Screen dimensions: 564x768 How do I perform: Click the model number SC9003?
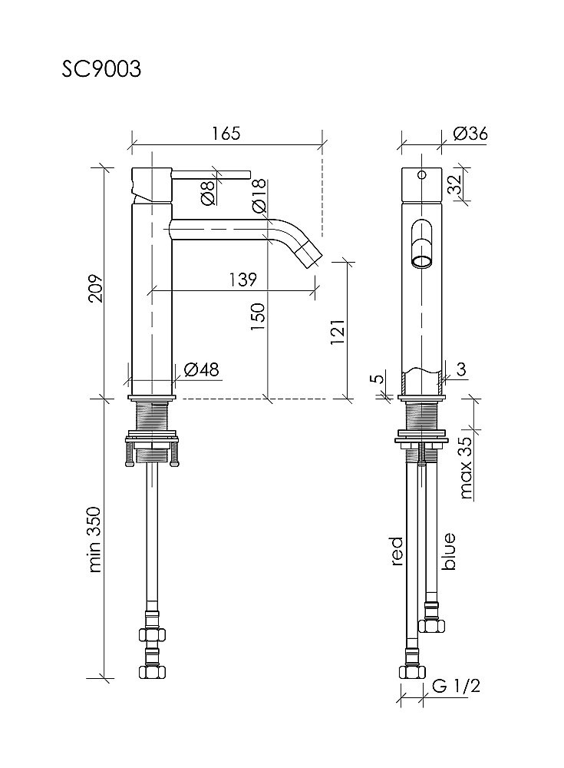[101, 69]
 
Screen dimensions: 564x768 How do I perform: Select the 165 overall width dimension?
[226, 133]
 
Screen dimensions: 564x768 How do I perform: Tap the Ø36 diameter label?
[470, 133]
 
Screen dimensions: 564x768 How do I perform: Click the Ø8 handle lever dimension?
[208, 193]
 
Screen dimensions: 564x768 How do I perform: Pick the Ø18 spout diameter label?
[259, 195]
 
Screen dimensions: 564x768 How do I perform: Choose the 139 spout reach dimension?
[242, 280]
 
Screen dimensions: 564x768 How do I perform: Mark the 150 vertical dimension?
[258, 316]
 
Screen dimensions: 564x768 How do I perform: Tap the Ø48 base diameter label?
[201, 369]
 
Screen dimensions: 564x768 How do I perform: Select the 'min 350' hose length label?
[94, 539]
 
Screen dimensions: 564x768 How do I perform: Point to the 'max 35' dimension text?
[466, 467]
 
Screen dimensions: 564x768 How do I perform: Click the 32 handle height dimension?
[456, 184]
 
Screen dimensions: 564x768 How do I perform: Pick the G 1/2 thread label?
[456, 686]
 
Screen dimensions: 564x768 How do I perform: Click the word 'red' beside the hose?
[397, 551]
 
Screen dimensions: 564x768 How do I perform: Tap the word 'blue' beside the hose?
[448, 551]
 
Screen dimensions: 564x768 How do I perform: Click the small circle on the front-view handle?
[421, 174]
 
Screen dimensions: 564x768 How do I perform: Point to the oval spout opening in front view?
[421, 244]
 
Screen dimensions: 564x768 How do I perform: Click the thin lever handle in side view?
[211, 174]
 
